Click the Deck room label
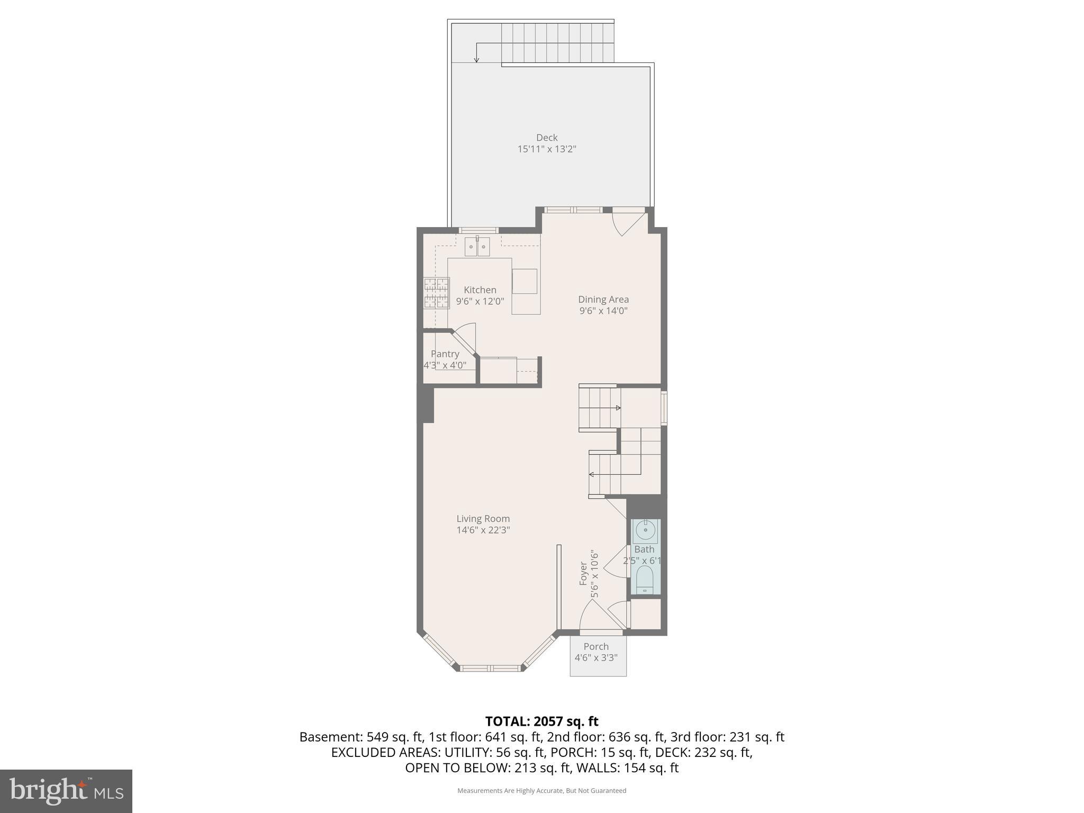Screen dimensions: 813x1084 546,138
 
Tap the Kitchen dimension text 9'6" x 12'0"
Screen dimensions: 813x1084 480,302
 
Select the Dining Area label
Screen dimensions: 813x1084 603,299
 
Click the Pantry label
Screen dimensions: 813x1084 445,354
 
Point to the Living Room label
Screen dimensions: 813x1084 483,519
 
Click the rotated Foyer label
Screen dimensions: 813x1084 583,573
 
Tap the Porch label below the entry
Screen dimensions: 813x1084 596,646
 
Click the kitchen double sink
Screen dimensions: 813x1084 477,247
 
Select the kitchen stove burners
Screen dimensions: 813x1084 436,293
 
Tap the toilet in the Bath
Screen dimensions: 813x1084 645,580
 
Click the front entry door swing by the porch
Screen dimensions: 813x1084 593,617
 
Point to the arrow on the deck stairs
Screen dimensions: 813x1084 476,53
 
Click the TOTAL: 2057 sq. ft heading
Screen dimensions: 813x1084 541,721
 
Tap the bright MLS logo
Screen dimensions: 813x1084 66,791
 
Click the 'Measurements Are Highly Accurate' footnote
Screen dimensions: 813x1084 541,791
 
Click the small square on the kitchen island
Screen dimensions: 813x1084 524,281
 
